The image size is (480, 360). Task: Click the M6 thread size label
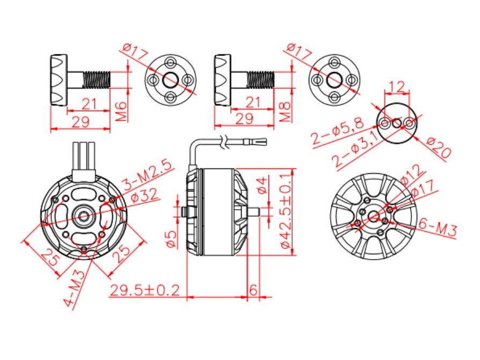(x=122, y=111)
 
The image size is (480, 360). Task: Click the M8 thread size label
(x=285, y=112)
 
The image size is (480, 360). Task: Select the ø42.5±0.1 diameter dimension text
(x=286, y=211)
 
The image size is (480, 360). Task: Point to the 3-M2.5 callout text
(x=148, y=175)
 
